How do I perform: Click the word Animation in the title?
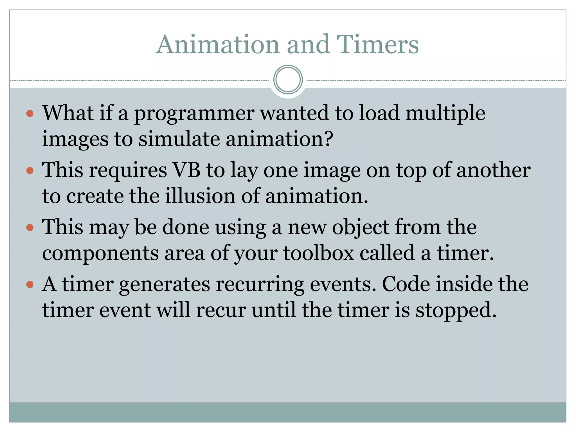218,44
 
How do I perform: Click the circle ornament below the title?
288,80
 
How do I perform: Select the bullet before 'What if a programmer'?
30,114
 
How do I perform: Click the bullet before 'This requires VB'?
30,170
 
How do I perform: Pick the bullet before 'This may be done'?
30,227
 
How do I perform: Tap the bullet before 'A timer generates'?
30,285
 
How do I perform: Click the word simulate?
179,139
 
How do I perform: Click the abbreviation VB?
186,170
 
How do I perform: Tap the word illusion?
200,196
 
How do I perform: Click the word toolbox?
318,253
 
